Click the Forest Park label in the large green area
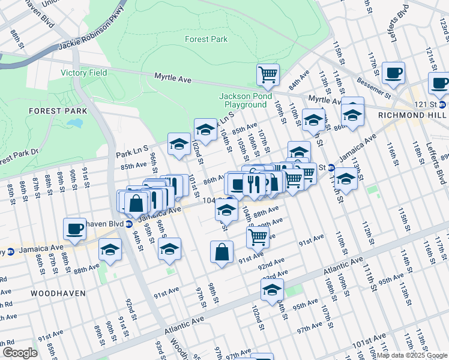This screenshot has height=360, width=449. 206,39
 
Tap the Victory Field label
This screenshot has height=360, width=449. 84,73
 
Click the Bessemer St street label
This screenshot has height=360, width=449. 373,86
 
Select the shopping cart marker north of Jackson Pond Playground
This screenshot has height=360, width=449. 268,74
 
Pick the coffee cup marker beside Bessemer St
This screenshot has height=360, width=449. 393,73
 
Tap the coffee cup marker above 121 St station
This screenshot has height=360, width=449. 439,82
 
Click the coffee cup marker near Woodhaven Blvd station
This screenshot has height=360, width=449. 75,228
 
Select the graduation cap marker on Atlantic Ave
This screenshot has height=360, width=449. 272,290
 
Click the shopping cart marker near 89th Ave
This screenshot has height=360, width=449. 258,236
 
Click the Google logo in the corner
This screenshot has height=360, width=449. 20,353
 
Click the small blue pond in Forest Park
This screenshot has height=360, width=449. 75,123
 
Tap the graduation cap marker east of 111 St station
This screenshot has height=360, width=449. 346,178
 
